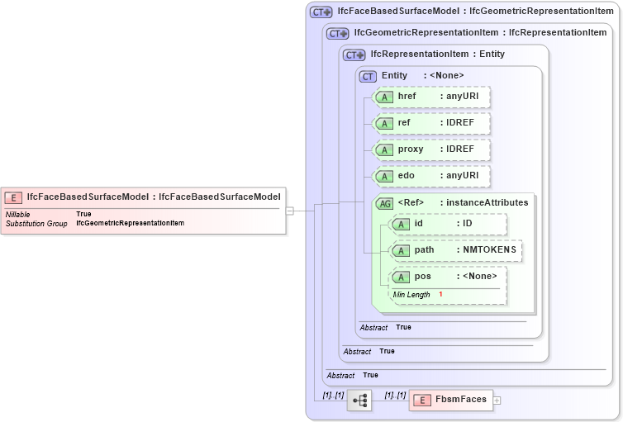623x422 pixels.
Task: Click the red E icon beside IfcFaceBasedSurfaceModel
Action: pos(14,197)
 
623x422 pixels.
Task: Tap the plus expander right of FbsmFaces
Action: pos(497,401)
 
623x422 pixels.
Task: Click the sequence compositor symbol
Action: pos(359,401)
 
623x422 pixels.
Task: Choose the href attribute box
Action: pos(432,97)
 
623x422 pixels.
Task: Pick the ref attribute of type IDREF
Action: pos(432,123)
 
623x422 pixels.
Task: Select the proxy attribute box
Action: pos(432,149)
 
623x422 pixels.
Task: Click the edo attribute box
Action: pos(432,176)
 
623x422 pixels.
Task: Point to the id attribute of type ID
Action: pos(447,224)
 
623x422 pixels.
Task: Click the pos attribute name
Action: pos(424,277)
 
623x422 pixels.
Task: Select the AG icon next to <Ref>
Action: pos(384,203)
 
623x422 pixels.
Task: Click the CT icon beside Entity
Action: pos(369,76)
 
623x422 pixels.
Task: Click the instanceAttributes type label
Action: pos(487,203)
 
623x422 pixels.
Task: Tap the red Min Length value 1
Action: pos(440,295)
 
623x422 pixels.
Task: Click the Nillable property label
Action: pos(18,214)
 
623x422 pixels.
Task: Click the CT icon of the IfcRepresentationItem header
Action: pos(354,55)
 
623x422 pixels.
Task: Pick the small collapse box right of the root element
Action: pos(289,211)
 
